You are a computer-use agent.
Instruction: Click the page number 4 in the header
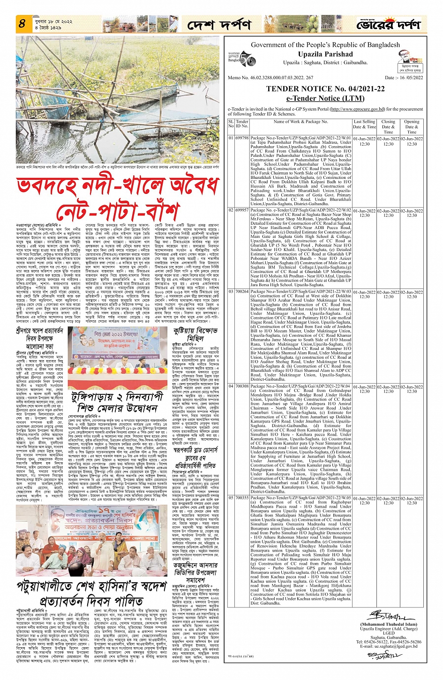[x=22, y=23]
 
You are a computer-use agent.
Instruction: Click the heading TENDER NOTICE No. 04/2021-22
[x=325, y=89]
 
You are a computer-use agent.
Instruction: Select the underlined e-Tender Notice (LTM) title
[x=325, y=98]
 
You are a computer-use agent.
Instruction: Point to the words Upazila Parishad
[x=325, y=54]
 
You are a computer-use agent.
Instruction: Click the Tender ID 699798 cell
[x=242, y=139]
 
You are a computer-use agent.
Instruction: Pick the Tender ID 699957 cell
[x=242, y=211]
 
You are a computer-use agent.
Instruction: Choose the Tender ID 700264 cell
[x=242, y=292]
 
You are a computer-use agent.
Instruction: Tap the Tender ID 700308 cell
[x=242, y=386]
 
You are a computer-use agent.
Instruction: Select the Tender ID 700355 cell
[x=242, y=498]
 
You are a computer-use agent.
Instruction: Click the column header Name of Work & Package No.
[x=300, y=122]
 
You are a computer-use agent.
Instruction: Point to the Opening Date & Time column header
[x=412, y=127]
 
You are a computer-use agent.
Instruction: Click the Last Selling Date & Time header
[x=364, y=124]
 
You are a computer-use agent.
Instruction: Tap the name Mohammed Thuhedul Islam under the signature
[x=388, y=624]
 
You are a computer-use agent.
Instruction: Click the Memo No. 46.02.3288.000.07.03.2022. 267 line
[x=270, y=78]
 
